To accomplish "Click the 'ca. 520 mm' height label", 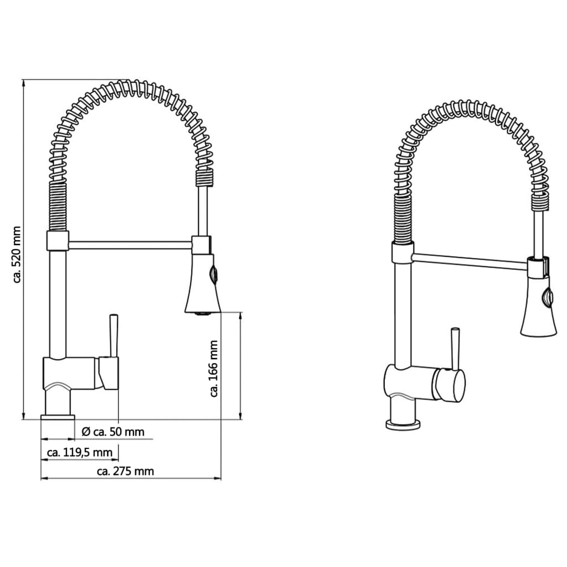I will pos(17,255).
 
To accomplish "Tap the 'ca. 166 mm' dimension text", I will pos(214,369).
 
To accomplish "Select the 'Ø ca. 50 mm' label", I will pos(113,432).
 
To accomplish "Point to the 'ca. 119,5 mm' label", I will pos(80,452).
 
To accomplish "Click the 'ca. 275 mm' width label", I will pos(125,472).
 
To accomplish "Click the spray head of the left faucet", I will pos(202,285).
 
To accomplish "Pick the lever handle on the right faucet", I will pos(455,349).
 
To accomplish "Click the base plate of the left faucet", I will pos(58,417).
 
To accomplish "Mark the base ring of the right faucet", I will pos(403,425).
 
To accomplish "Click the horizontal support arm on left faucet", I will pos(130,245).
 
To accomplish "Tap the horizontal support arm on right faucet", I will pos(470,261).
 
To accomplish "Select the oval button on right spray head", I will pos(548,297).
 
